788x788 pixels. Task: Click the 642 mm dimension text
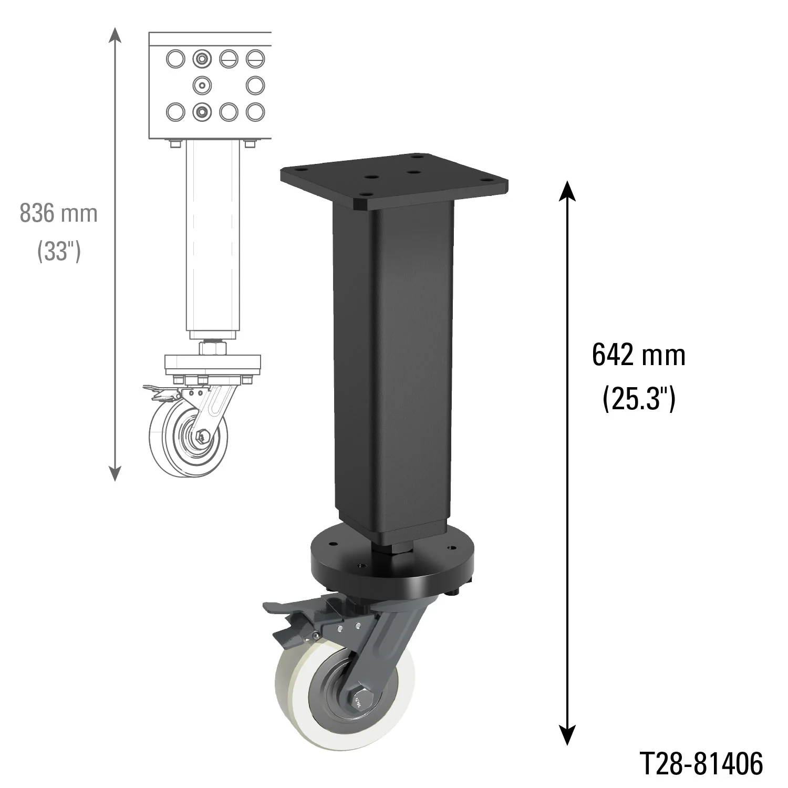tap(638, 356)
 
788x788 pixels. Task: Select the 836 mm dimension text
tap(59, 214)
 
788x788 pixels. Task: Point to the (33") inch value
tap(59, 252)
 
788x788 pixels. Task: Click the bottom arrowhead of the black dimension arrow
tap(566, 735)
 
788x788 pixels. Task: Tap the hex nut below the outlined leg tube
tap(212, 347)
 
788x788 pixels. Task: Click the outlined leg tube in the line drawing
tap(213, 236)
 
